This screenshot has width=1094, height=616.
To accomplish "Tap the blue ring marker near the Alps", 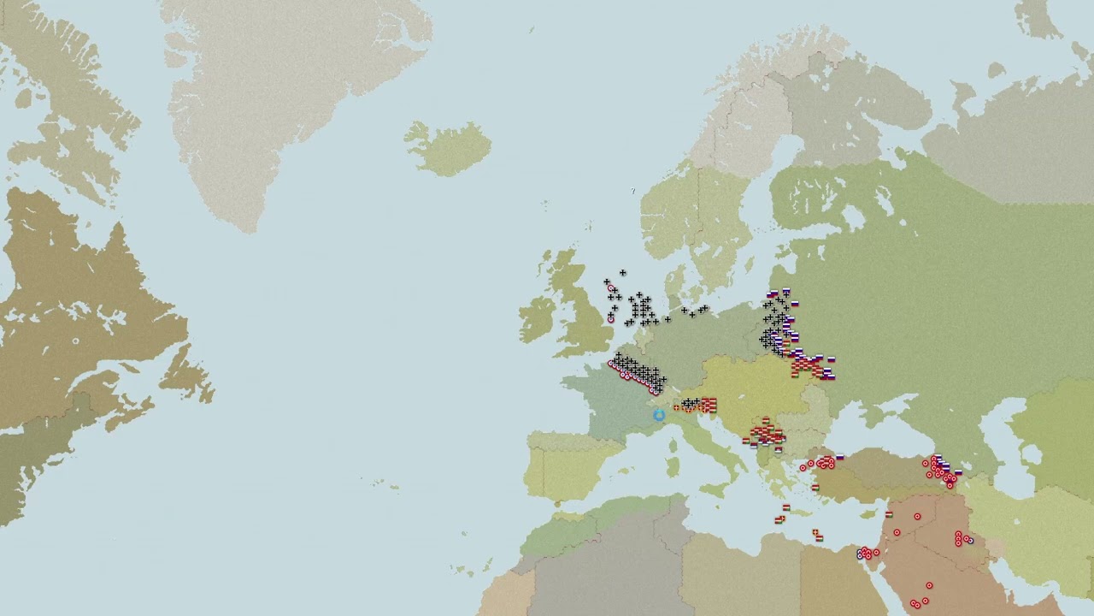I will click(x=659, y=416).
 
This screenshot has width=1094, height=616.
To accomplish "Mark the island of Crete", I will click(x=796, y=510).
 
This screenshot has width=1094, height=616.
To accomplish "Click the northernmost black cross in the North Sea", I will click(x=622, y=273).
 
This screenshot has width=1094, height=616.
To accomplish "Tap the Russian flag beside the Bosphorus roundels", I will click(x=840, y=457).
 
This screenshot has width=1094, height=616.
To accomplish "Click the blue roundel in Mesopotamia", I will click(x=970, y=540).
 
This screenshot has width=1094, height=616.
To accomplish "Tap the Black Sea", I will click(x=889, y=428).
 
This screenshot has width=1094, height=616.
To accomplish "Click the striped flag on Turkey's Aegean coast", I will click(x=815, y=487).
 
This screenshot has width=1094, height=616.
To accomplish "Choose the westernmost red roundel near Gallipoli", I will click(x=803, y=468).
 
